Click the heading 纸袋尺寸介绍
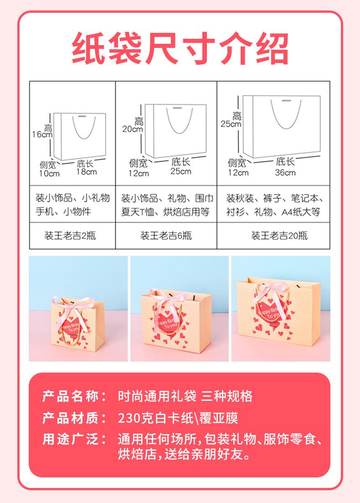pyautogui.click(x=180, y=48)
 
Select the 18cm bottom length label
pyautogui.click(x=87, y=172)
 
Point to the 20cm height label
pyautogui.click(x=133, y=129)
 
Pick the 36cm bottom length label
pyautogui.click(x=285, y=172)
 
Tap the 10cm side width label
pyautogui.click(x=49, y=173)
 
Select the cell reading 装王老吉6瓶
pyautogui.click(x=166, y=236)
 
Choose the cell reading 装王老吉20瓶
pyautogui.click(x=279, y=236)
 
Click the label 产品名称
pyautogui.click(x=75, y=396)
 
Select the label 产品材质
pyautogui.click(x=75, y=418)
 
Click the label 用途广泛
pyautogui.click(x=75, y=439)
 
